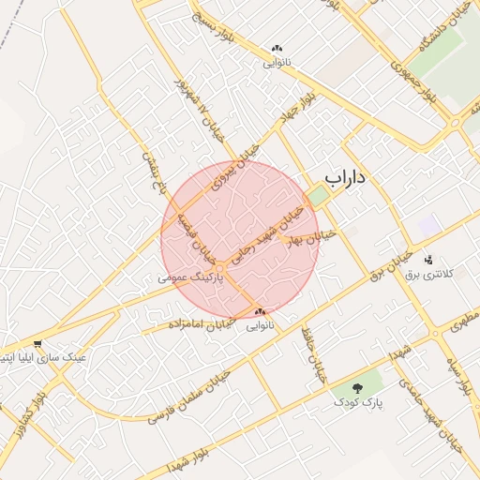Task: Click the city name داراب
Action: coord(344,175)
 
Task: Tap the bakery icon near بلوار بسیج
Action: coord(276,49)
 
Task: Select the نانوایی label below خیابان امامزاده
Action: coord(260,326)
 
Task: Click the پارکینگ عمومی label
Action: coord(192,278)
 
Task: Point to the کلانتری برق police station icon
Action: coord(428,260)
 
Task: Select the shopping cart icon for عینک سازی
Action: coord(37,344)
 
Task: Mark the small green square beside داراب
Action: coord(319,196)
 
